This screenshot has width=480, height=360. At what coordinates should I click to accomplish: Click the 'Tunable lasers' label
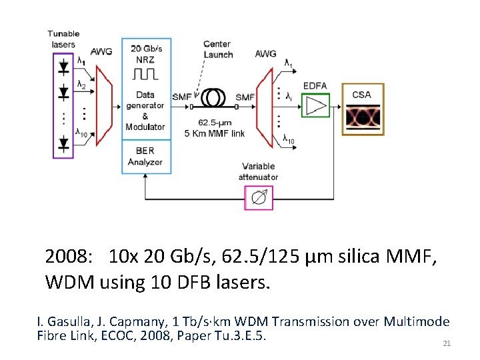point(63,39)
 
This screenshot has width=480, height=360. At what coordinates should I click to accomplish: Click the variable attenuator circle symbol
point(259,198)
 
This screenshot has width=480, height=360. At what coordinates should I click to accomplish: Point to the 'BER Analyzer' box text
point(145,156)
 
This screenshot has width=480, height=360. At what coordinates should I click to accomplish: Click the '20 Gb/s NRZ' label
point(145,53)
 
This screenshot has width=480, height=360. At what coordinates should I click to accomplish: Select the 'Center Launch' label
point(217,49)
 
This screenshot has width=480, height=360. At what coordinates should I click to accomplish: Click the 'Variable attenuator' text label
point(259,171)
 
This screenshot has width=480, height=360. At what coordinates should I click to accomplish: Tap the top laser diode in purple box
point(63,67)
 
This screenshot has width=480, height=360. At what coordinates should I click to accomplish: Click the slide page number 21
point(447,343)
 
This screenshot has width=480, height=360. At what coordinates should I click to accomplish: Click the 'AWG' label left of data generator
point(101,51)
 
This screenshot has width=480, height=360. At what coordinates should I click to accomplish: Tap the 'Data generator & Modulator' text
point(145,111)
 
